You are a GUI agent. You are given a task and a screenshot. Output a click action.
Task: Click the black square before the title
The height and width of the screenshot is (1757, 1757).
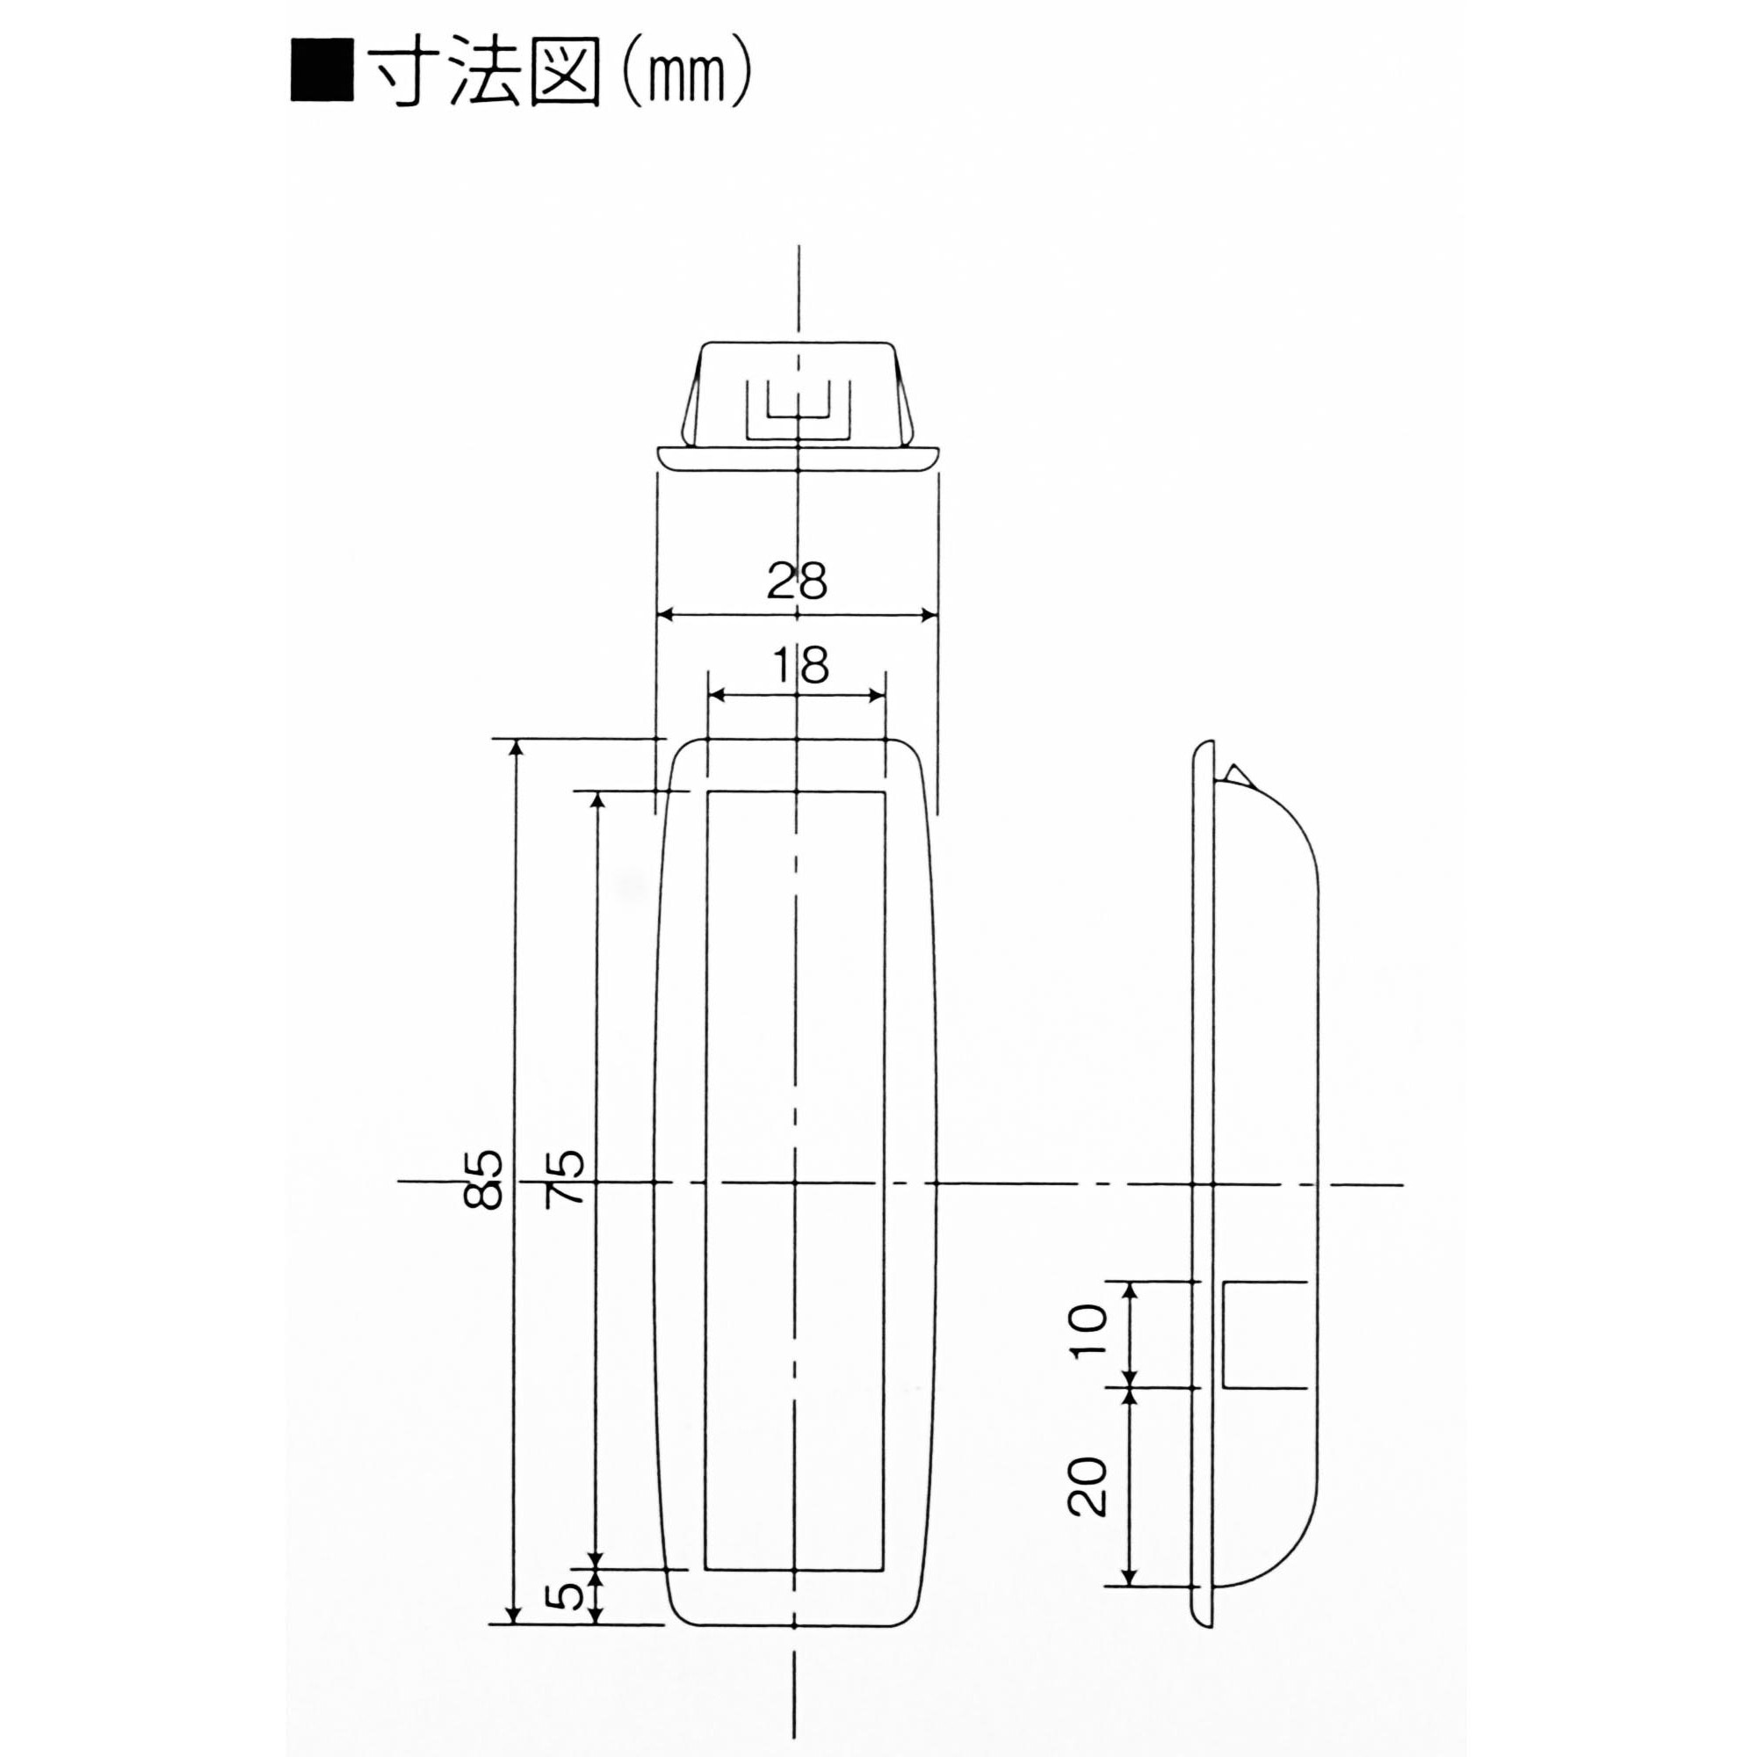322,70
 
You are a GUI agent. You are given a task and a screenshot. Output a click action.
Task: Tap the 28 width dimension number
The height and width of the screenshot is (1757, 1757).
797,580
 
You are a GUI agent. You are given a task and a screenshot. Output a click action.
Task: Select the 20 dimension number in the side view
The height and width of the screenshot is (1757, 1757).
1088,1486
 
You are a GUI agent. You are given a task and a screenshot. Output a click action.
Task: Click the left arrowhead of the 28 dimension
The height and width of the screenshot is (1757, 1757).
665,615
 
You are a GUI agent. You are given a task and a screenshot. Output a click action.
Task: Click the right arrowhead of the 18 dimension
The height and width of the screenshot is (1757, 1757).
878,696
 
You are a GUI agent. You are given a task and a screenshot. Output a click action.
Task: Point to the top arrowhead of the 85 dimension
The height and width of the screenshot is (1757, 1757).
515,748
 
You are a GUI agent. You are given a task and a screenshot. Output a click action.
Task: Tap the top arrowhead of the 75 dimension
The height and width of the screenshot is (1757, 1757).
597,799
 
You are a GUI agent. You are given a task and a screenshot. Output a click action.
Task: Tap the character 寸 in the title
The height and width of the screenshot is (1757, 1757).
400,73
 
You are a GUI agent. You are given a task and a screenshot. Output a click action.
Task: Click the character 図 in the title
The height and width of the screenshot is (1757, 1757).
563,73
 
